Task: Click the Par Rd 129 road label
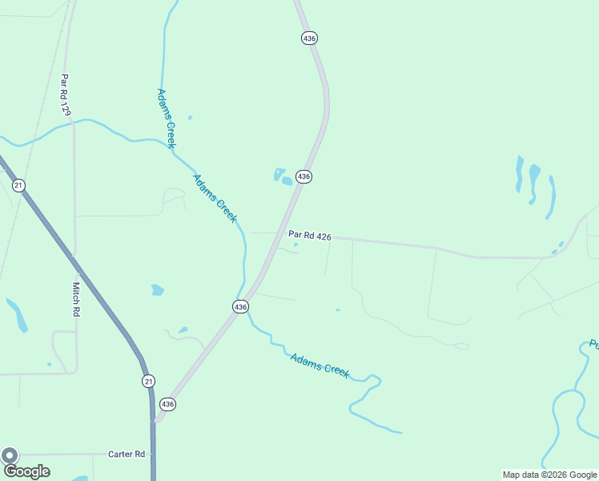65,95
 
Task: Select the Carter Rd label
126,454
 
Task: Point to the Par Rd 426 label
309,235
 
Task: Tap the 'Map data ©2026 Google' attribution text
549,475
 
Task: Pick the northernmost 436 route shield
310,38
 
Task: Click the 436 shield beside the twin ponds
304,176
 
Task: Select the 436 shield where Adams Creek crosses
240,306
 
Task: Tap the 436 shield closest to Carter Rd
167,404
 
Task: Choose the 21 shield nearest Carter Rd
148,381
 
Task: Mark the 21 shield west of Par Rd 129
18,185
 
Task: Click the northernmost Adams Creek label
166,118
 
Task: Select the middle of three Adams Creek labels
215,198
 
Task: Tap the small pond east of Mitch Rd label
157,289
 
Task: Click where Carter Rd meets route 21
152,454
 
